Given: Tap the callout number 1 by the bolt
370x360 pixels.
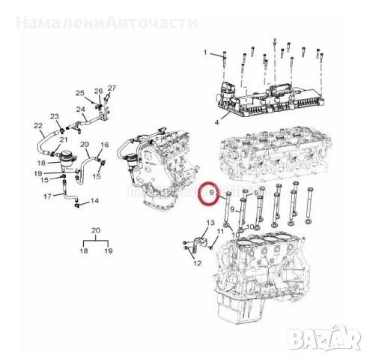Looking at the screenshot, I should click(206, 54).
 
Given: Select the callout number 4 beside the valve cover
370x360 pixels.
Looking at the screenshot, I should click(217, 121).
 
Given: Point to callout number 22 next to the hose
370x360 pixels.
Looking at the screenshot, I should click(38, 125).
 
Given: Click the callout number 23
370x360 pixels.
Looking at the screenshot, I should click(55, 116).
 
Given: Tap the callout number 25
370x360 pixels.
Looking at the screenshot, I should click(80, 92).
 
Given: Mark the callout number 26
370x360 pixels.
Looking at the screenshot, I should click(97, 91).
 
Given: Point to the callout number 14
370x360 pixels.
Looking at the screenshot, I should click(94, 202).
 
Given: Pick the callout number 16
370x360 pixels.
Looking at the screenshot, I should click(105, 144).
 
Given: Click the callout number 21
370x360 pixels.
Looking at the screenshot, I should click(64, 140).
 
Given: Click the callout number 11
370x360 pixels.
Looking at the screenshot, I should click(220, 232).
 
